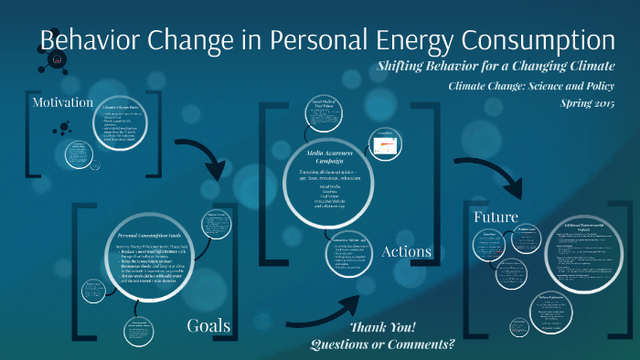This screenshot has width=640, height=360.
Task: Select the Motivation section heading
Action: point(63,102)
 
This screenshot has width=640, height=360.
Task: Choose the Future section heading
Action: point(496,217)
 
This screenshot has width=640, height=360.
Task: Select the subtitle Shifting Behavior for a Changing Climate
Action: point(495,68)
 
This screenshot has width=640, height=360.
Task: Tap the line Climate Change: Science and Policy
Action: point(530,86)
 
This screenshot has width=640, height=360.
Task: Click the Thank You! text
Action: point(382,327)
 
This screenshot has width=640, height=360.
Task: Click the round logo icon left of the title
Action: point(59,59)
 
